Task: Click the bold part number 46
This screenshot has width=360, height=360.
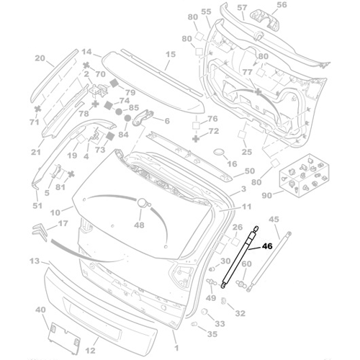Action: coord(267,246)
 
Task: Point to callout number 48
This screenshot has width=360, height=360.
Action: coord(139,225)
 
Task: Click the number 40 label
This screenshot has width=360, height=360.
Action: coord(41,310)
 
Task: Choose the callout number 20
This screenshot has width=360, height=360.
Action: coord(40,58)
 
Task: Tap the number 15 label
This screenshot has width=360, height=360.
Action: coord(171,55)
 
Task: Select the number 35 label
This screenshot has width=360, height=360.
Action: coord(211,335)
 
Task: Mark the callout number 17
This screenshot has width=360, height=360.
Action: coord(63,224)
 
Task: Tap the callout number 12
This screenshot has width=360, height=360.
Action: coord(90,351)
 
